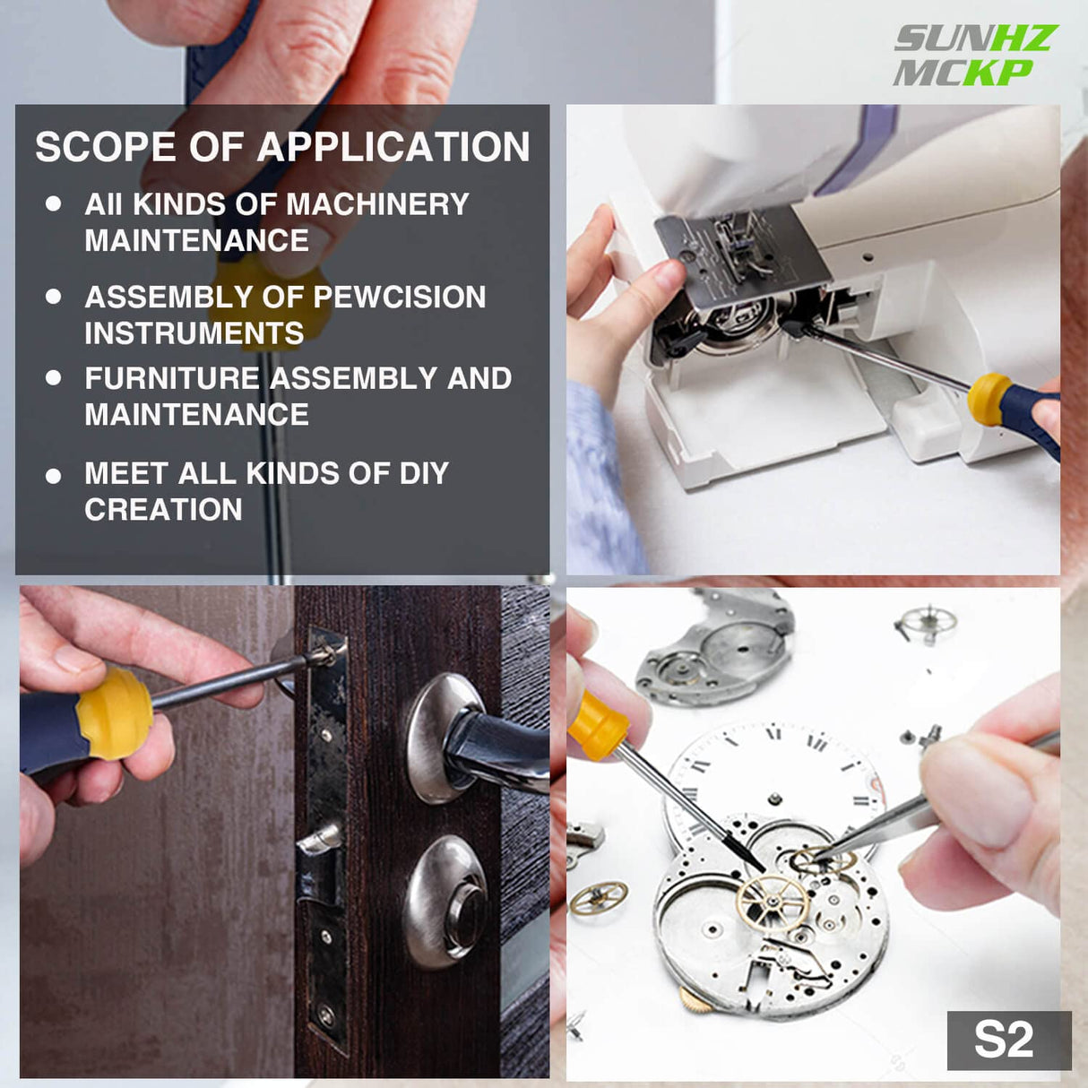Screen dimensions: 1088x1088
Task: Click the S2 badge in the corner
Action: [x=1004, y=1041]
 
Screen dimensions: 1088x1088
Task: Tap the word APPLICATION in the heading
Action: [x=393, y=147]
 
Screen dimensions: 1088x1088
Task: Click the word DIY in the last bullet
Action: [x=424, y=473]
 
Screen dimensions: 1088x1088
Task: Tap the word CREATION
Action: [x=163, y=510]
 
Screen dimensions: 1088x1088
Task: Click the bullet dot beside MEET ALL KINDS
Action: [x=54, y=476]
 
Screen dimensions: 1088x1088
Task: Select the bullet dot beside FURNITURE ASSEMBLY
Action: [x=54, y=378]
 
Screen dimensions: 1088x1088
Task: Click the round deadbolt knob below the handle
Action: [x=448, y=902]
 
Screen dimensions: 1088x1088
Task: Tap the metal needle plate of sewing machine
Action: [x=741, y=256]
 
